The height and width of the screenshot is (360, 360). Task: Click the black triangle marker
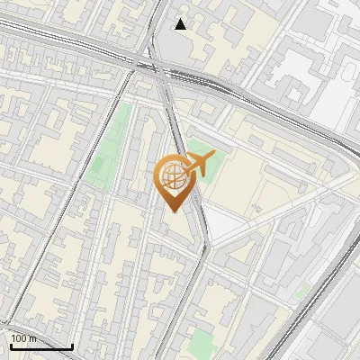[181, 24]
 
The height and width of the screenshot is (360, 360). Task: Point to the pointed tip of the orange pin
[171, 211]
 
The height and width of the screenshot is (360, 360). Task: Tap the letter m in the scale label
[32, 338]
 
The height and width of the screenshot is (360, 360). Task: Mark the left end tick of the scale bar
[10, 346]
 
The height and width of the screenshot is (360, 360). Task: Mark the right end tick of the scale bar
[72, 346]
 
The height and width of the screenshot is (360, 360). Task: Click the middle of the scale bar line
[40, 346]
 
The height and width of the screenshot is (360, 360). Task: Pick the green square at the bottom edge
[202, 343]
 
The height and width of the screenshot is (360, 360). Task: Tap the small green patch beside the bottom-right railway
[303, 290]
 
